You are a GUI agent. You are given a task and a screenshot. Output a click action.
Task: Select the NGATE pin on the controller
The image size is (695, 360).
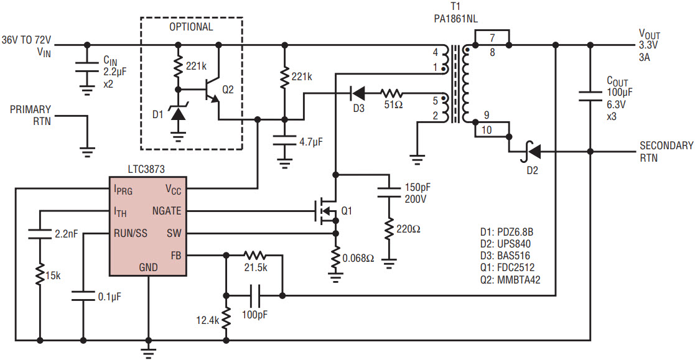[x=167, y=211]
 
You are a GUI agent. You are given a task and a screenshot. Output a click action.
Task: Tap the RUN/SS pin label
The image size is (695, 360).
[x=130, y=233]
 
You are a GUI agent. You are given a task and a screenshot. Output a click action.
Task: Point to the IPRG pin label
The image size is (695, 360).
[x=123, y=190]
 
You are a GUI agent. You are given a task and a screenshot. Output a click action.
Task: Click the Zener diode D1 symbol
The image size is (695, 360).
[x=178, y=113]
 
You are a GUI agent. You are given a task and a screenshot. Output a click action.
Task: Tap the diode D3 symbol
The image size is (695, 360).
[x=357, y=93]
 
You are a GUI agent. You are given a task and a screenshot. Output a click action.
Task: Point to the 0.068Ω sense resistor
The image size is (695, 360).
[x=335, y=257]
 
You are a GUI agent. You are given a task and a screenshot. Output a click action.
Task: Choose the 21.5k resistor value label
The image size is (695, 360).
[x=256, y=267]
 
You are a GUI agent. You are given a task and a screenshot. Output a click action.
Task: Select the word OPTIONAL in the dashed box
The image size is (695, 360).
[x=191, y=27]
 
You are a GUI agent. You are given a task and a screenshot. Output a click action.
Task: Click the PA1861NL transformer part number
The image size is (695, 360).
[x=455, y=19]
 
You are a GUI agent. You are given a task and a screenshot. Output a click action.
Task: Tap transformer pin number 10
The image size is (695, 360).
[x=486, y=130]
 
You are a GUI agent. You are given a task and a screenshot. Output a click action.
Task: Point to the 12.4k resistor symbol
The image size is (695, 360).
[x=226, y=319]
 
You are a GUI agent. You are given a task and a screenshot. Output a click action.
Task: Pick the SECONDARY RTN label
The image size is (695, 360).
[x=666, y=152]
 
